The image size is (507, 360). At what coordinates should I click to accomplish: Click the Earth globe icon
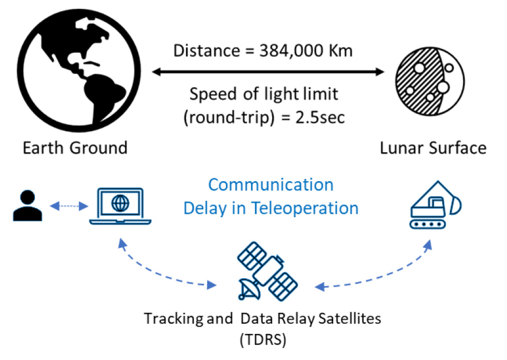[x=79, y=71]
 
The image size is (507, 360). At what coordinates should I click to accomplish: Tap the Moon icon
[x=430, y=81]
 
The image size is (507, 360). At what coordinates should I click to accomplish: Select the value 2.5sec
[x=320, y=117]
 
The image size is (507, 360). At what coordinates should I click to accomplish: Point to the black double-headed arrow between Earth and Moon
[x=268, y=72]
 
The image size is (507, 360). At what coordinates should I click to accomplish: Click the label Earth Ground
[x=75, y=148]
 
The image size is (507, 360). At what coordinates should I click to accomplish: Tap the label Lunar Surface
[x=433, y=148]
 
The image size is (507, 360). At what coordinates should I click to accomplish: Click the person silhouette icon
[x=27, y=206]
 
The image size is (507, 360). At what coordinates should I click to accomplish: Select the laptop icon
[x=121, y=206]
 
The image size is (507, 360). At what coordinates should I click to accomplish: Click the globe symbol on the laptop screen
[x=121, y=203]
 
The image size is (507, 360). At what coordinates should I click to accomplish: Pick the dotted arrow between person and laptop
[x=69, y=206]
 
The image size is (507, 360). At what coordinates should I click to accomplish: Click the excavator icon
[x=436, y=205]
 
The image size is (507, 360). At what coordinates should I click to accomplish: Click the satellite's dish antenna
[x=249, y=289]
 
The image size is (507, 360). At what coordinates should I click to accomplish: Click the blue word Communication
[x=270, y=185]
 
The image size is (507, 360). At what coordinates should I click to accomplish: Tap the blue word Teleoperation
[x=305, y=208]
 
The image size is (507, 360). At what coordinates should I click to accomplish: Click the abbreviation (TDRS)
[x=263, y=340]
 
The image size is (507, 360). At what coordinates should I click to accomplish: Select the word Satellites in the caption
[x=349, y=318]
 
